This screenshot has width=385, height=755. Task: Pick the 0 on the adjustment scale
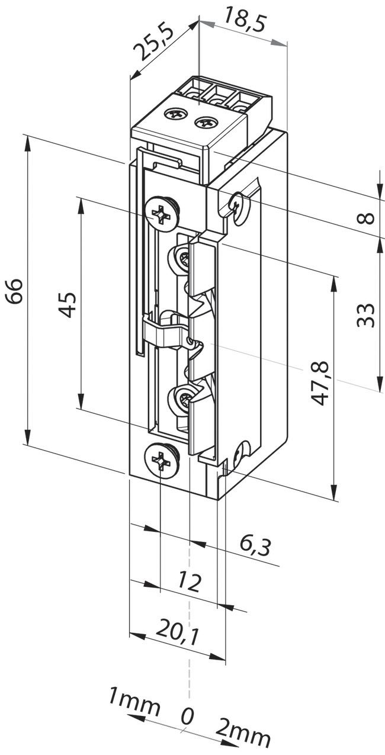[187, 717]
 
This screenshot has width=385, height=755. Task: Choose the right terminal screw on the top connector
[206, 123]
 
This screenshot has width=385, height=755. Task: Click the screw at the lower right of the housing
[240, 454]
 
